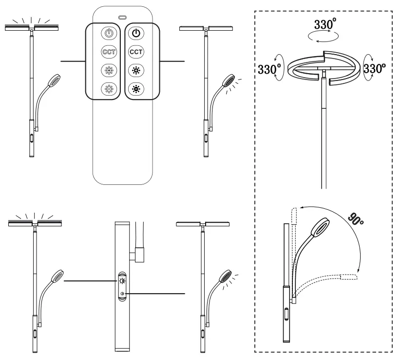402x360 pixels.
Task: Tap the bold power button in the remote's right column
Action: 136,34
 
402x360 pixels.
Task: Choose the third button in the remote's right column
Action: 136,70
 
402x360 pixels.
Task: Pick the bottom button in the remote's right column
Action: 136,88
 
